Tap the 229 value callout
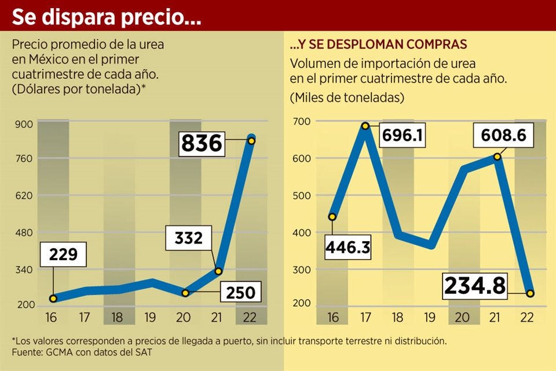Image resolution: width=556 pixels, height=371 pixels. (x=64, y=255)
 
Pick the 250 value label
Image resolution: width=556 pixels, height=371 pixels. (x=240, y=293)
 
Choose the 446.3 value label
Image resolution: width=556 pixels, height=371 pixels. (x=348, y=247)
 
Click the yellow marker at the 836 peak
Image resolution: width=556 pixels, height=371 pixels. (x=251, y=140)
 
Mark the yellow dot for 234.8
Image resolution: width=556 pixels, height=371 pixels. (x=531, y=293)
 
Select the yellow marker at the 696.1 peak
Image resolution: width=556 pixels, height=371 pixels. (x=365, y=126)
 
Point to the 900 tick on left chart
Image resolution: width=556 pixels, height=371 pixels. (x=28, y=123)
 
